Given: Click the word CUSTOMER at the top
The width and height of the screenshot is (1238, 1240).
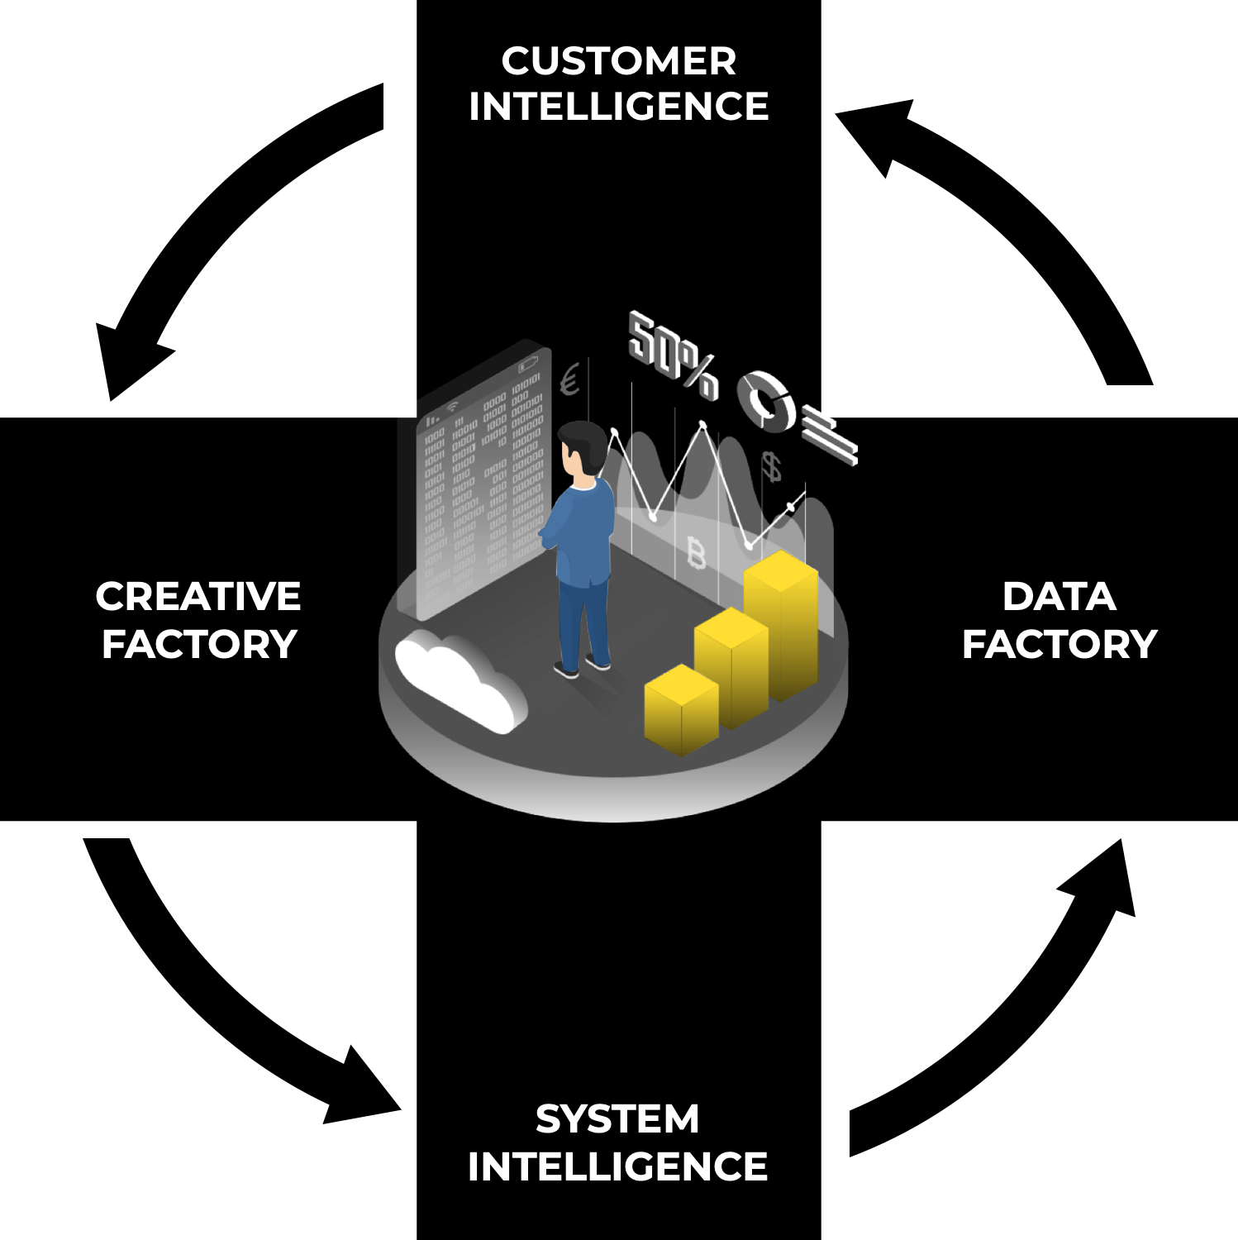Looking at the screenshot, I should click(618, 61).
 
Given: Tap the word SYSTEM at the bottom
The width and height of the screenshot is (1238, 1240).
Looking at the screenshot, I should click(617, 1119).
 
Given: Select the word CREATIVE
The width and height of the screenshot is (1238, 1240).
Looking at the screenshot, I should click(198, 596).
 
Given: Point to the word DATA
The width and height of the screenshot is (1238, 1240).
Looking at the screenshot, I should click(1059, 596).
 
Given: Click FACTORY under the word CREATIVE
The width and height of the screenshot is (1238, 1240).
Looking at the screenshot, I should click(198, 644).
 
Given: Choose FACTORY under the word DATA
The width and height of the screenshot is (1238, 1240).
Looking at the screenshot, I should click(1059, 644).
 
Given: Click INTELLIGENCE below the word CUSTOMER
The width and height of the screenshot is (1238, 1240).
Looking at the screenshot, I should click(618, 107).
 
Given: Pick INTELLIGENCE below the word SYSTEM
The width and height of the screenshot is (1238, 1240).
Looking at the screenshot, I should click(617, 1166).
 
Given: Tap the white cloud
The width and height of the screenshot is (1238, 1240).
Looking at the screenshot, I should click(459, 678).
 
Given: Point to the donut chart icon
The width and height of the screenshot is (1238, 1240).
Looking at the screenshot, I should click(766, 400).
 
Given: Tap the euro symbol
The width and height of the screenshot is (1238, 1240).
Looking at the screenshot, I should click(569, 381).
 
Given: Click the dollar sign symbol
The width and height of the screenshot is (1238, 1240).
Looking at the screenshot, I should click(771, 467).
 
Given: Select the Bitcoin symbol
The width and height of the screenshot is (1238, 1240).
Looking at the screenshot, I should click(697, 552).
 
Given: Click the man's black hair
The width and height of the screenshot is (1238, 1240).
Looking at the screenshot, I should click(584, 443).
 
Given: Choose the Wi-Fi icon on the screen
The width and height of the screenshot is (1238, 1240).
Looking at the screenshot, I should click(452, 406).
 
